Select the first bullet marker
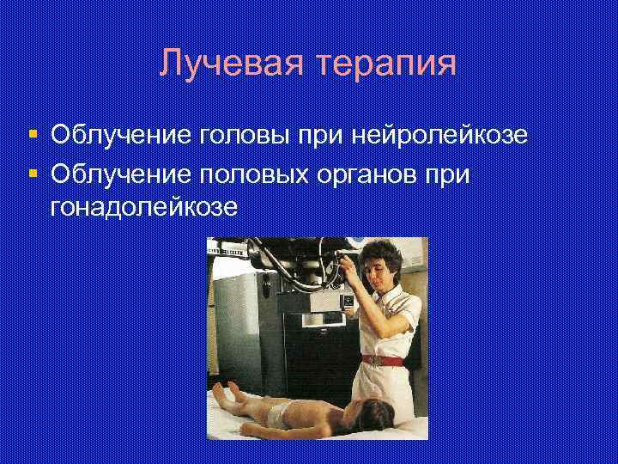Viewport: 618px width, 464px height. [x=33, y=134]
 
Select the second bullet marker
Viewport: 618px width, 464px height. [x=33, y=174]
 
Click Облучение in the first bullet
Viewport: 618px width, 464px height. [x=120, y=135]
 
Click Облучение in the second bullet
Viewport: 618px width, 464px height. [x=120, y=174]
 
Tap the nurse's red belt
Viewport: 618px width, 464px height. [x=391, y=359]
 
